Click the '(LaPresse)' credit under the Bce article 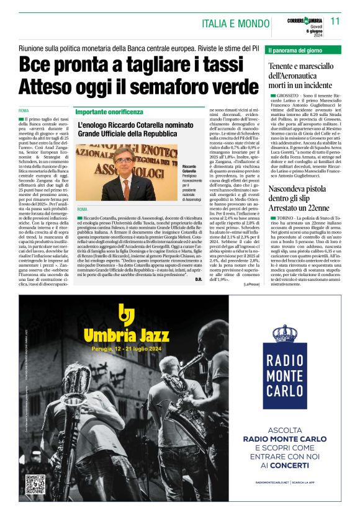pyautogui.click(x=252, y=284)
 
